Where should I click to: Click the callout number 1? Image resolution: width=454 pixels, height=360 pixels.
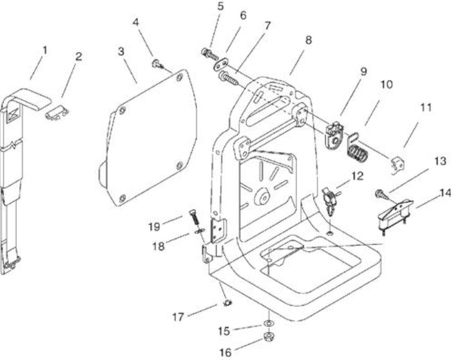click(45, 50)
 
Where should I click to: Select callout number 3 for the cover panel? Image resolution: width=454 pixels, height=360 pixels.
click(121, 52)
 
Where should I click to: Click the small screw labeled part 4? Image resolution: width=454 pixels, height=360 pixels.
click(157, 64)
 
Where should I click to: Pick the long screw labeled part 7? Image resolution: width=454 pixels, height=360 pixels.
click(228, 78)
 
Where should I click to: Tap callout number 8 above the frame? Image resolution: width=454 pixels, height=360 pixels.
click(309, 40)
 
